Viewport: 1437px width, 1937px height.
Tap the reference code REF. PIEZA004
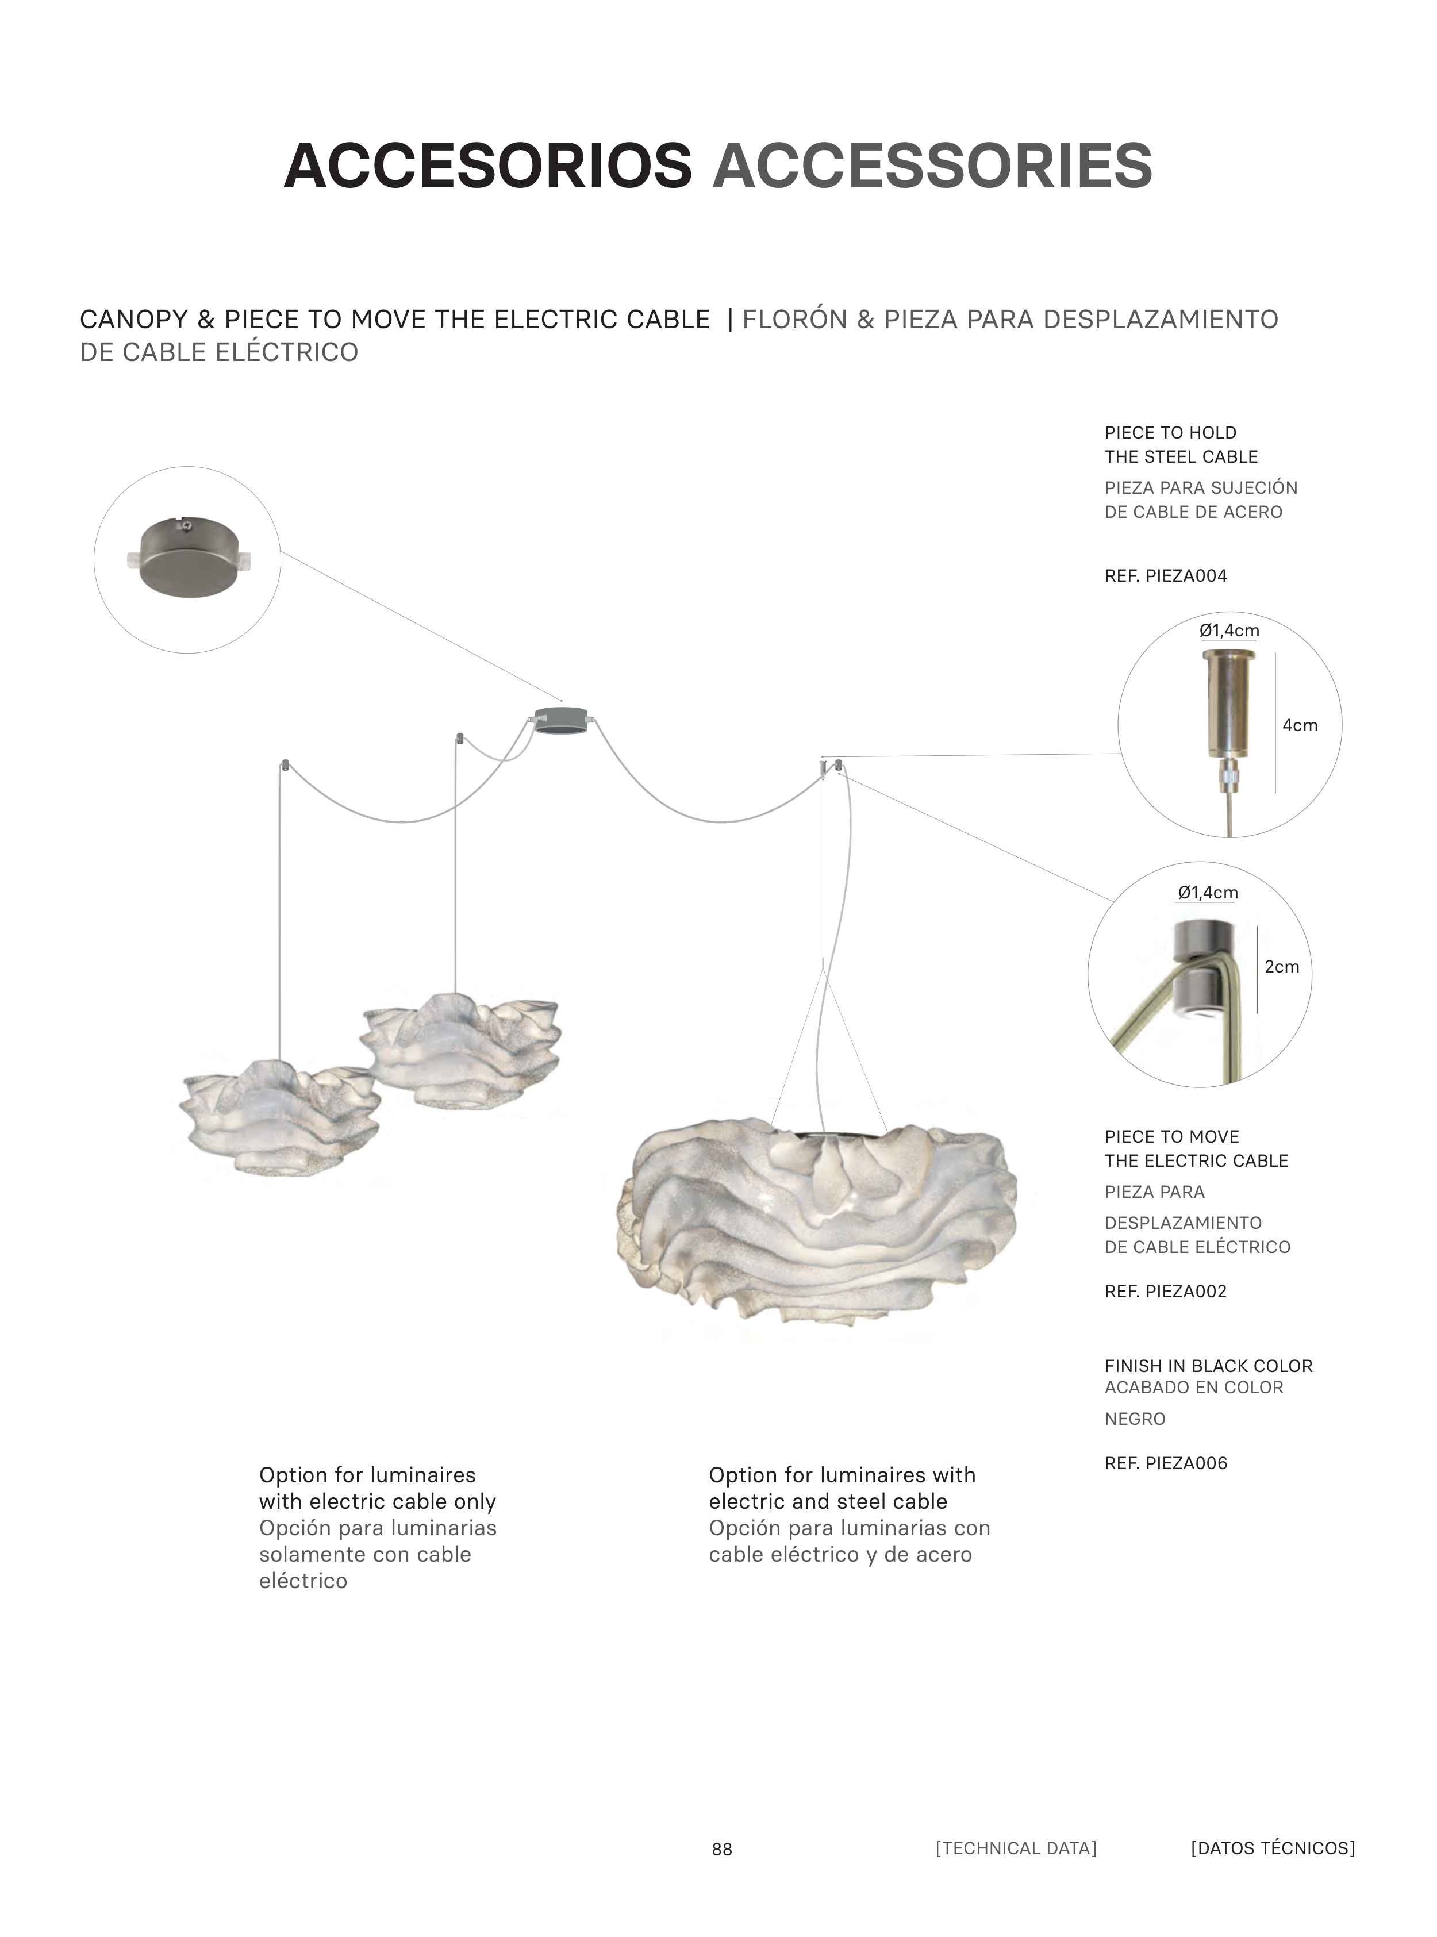1166,576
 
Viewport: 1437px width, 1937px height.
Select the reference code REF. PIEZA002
1166,1292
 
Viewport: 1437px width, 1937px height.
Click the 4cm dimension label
1300,725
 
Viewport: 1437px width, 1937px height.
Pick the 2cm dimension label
1281,966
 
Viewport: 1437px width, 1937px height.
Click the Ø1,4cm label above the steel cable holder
1229,631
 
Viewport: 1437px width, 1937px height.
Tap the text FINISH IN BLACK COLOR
1208,1366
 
